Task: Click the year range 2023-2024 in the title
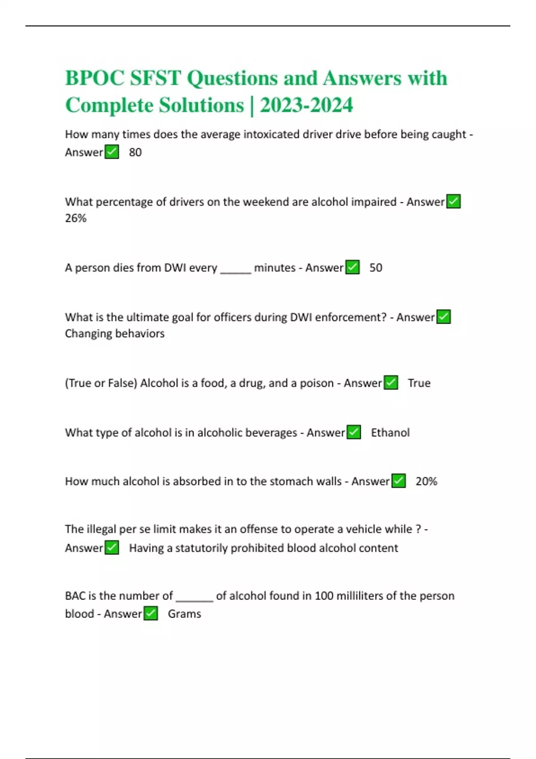click(306, 105)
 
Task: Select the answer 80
click(135, 152)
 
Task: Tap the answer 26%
click(76, 218)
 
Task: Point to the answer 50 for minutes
click(376, 268)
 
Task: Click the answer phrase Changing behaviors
click(115, 334)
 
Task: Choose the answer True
click(419, 383)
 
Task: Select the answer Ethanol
click(390, 433)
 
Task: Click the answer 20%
click(426, 481)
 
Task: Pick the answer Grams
click(184, 614)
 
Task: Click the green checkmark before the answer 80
click(112, 152)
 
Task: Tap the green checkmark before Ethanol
click(354, 432)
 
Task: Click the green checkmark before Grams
click(151, 613)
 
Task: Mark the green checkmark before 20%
click(398, 481)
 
